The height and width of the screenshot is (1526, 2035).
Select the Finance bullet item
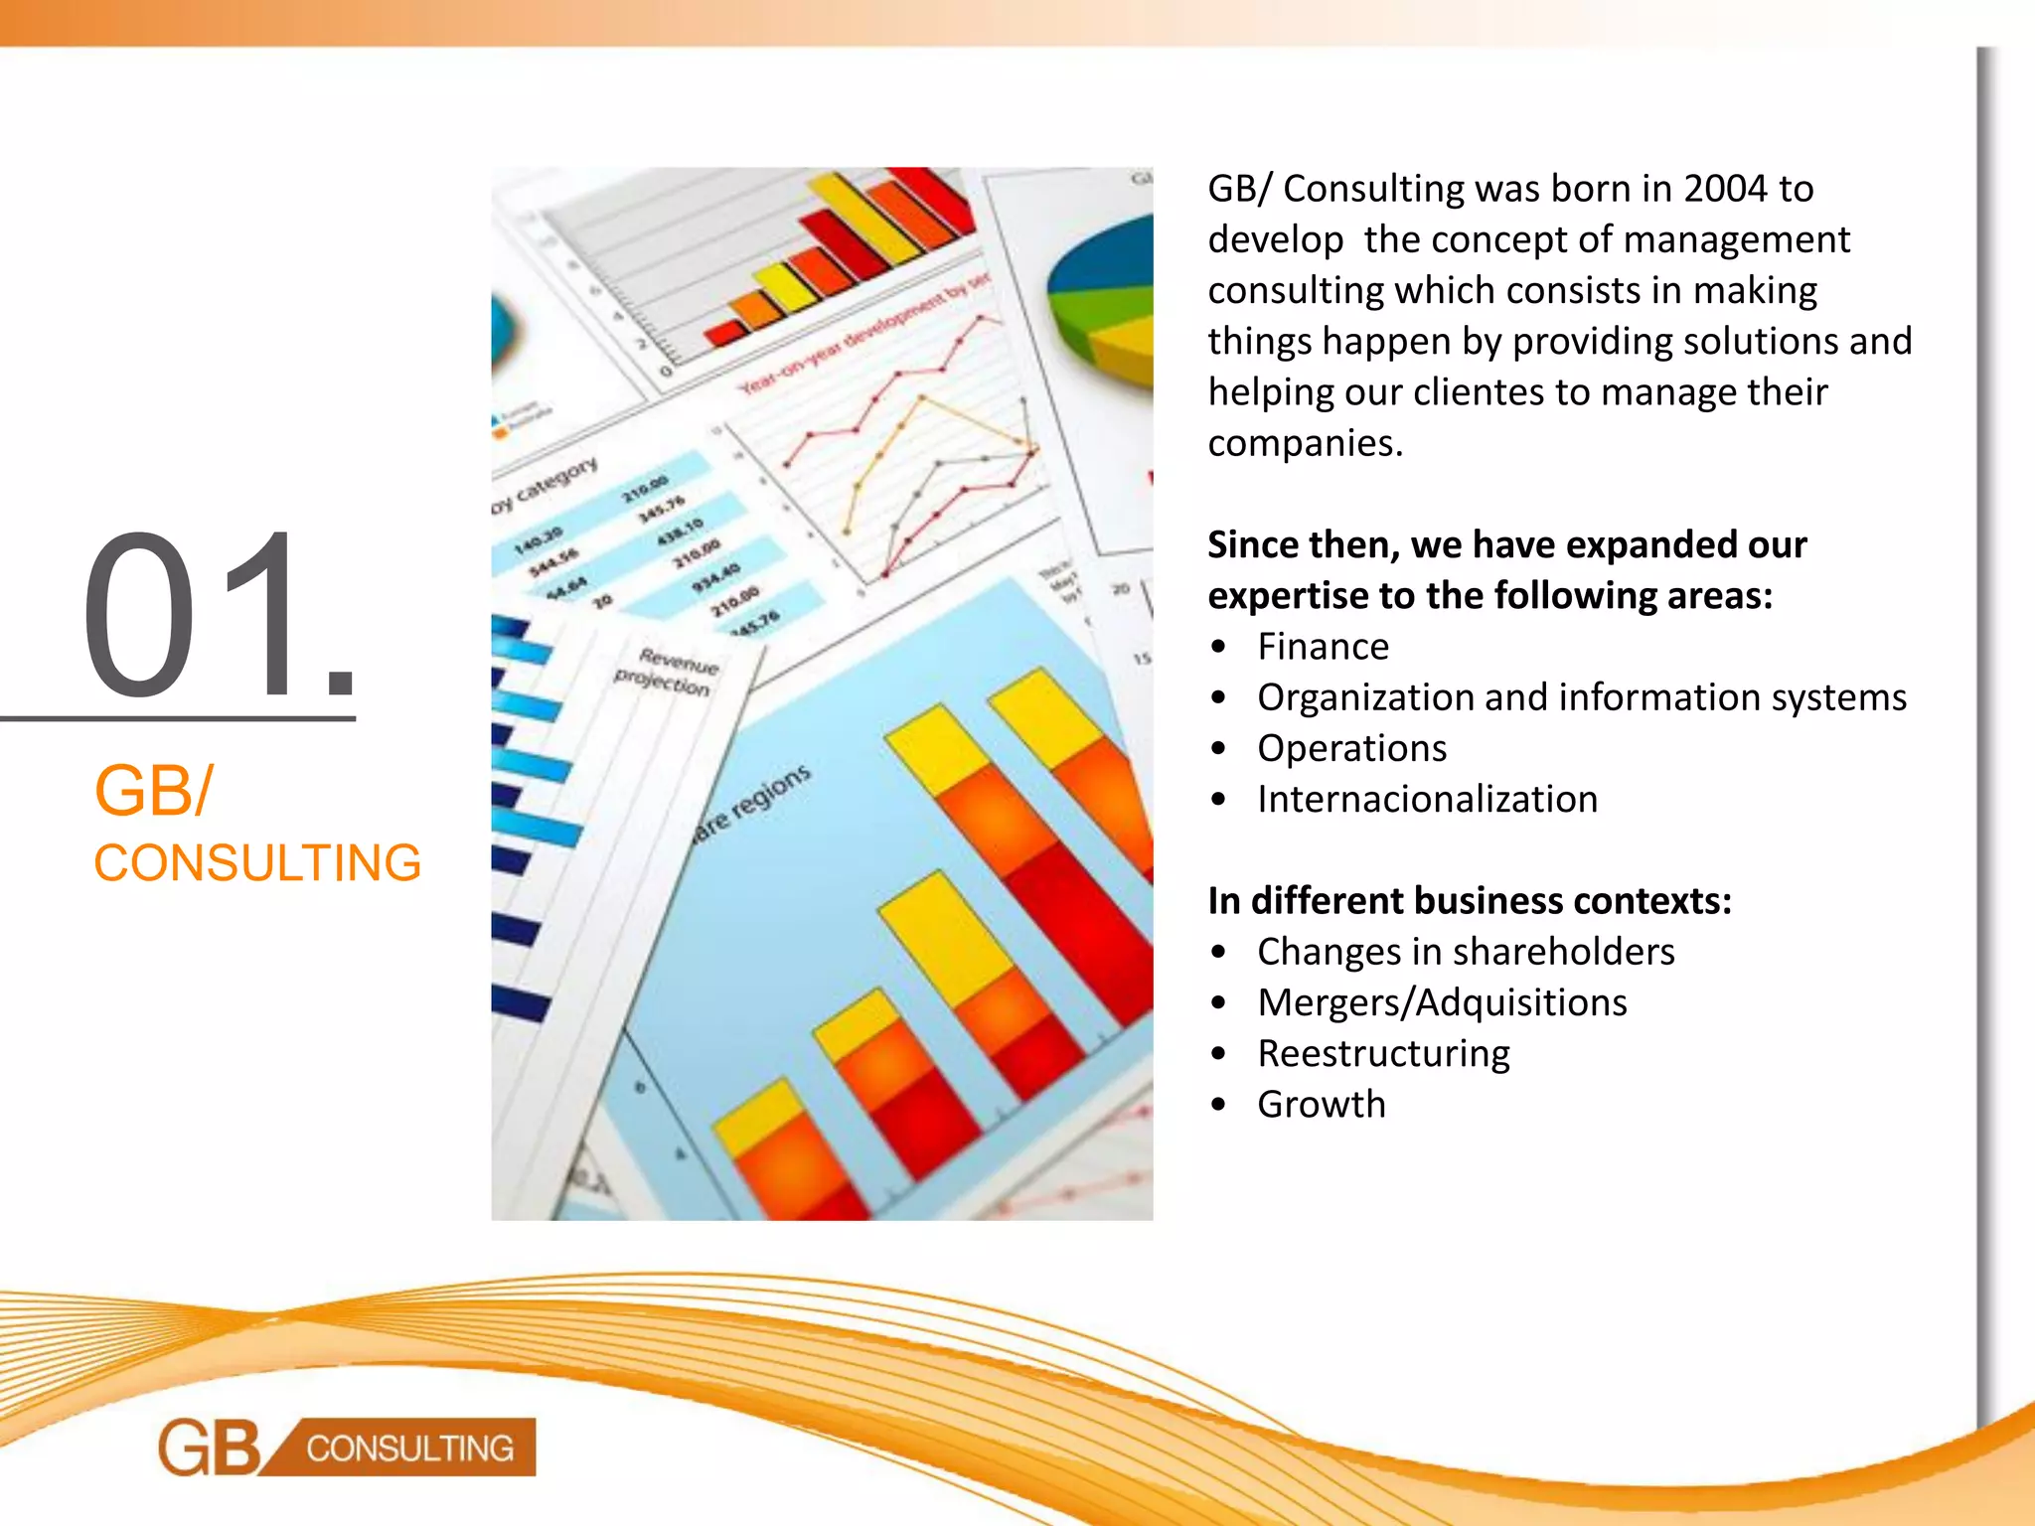tap(1323, 647)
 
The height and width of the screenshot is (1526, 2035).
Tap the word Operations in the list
tap(1351, 748)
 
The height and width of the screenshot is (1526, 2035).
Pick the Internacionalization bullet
tap(1427, 799)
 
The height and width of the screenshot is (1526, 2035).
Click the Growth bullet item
tap(1321, 1104)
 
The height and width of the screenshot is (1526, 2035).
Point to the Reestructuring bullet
tap(1383, 1053)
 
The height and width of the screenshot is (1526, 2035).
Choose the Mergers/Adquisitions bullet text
tap(1442, 1002)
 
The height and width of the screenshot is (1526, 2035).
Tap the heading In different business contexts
tap(1470, 900)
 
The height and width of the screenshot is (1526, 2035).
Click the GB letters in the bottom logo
tap(210, 1448)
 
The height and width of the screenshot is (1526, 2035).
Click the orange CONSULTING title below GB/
tap(257, 862)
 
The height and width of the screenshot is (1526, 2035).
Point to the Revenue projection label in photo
tap(665, 672)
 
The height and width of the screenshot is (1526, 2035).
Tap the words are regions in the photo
tap(753, 803)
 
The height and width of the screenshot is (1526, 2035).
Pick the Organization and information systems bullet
tap(1581, 697)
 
